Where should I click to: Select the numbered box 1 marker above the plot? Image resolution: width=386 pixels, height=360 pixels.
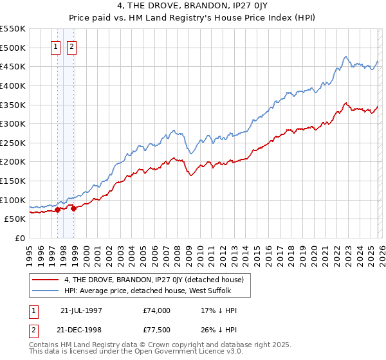55,47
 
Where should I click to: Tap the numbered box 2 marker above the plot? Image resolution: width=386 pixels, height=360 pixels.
71,47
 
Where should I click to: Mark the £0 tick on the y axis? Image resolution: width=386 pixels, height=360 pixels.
20,238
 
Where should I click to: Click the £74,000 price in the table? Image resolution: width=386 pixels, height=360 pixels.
157,310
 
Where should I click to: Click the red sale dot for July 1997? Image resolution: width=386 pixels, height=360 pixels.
58,209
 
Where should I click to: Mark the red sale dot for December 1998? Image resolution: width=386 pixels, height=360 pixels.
74,208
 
